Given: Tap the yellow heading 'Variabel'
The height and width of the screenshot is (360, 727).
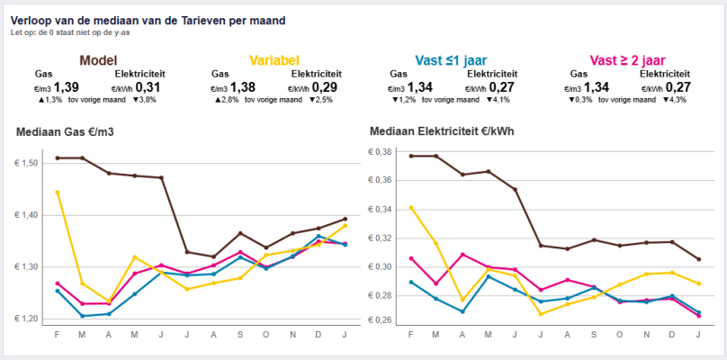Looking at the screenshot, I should [274, 60].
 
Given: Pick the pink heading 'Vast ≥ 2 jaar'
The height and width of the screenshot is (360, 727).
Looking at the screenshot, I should [628, 60].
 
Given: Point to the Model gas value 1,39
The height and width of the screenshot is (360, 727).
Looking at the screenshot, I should [67, 86].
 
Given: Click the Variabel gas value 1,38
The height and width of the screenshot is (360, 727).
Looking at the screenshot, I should [243, 86].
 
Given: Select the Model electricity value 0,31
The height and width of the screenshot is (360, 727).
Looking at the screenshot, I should [148, 86].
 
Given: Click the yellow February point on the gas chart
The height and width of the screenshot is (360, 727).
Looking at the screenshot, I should [58, 192].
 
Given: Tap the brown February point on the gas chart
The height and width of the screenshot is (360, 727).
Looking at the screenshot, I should [58, 157].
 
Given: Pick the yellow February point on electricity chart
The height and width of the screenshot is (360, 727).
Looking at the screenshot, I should [411, 207].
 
